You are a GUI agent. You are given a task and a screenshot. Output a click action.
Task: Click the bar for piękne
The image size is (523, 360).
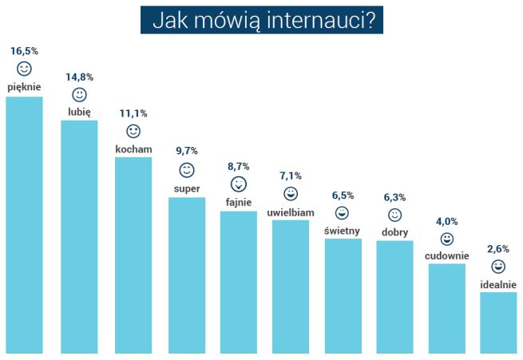point(24,224)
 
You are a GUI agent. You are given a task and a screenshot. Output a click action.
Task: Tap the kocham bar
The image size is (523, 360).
point(133,255)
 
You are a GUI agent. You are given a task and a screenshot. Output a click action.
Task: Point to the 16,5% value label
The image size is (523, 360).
point(24,51)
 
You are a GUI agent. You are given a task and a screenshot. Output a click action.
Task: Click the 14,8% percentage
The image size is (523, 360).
point(80,77)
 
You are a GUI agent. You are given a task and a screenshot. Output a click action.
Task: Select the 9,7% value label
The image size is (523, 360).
point(186,151)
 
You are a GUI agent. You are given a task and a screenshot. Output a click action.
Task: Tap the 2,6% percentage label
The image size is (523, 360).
point(498,249)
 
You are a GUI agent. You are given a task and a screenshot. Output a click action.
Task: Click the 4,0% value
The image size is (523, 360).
point(447,221)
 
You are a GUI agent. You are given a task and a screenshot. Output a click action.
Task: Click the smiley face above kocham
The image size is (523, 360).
point(133,132)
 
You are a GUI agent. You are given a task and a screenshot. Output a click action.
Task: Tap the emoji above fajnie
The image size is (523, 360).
point(239,184)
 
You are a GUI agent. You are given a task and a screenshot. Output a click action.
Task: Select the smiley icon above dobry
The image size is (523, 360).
point(395,216)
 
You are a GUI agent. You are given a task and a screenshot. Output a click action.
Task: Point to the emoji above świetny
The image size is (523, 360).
point(343,213)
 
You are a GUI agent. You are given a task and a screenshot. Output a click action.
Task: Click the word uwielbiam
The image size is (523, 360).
point(291,212)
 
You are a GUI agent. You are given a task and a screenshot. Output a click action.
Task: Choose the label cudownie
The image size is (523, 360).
point(447,256)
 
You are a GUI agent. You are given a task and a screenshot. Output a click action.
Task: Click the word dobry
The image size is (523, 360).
point(395,232)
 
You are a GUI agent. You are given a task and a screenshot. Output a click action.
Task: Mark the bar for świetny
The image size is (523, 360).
point(343,295)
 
